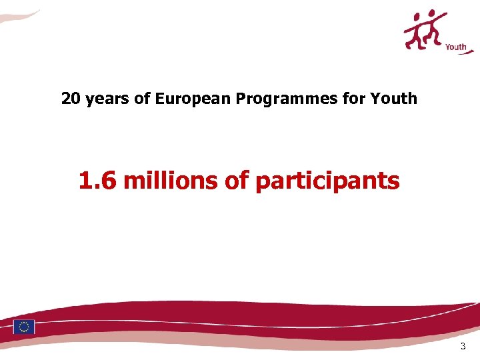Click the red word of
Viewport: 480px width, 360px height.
[x=236, y=180]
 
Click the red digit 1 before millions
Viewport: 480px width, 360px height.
[x=85, y=180]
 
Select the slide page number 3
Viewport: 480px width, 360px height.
[x=463, y=347]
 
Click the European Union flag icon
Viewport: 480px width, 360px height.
[x=24, y=327]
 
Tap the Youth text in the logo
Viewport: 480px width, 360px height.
[x=455, y=47]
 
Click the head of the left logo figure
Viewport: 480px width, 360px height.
[x=417, y=15]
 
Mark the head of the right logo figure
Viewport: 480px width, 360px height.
[x=433, y=13]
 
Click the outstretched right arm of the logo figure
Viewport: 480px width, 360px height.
[x=443, y=18]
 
